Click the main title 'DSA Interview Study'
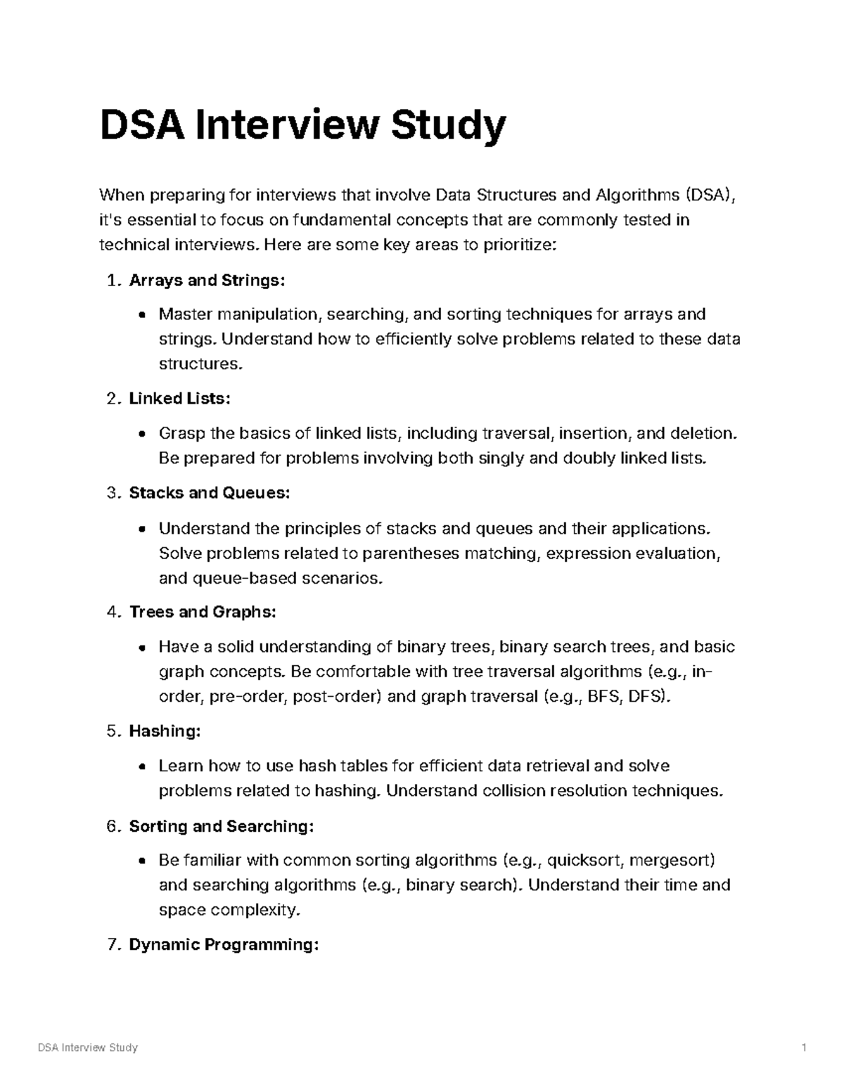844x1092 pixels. pos(302,126)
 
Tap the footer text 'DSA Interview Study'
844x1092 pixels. pos(87,1048)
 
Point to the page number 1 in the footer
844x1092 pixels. pos(803,1048)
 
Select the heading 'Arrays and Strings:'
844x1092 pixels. pos(207,281)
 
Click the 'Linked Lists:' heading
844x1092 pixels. pos(179,399)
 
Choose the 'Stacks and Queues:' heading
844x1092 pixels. pos(209,493)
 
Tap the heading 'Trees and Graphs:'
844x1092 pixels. pos(203,612)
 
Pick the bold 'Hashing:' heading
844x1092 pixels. pos(165,731)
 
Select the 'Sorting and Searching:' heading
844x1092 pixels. pos(221,826)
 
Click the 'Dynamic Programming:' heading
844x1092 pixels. pos(224,944)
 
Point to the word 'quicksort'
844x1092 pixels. pos(584,860)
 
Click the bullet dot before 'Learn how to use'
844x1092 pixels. pos(143,767)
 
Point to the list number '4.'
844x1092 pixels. pos(115,612)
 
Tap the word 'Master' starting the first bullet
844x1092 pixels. pos(185,314)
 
